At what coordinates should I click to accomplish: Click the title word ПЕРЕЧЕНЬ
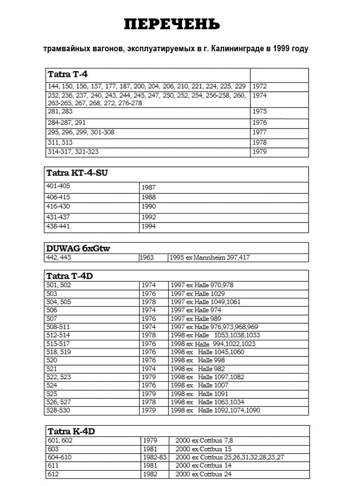point(172,24)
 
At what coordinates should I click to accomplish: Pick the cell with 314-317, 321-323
point(73,152)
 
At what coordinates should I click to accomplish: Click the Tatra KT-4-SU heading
point(77,173)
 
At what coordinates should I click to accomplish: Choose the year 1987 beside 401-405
point(148,187)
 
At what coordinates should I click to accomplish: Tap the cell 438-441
point(58,227)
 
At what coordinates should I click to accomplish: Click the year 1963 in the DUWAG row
point(147,258)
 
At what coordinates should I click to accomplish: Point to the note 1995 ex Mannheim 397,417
point(210,258)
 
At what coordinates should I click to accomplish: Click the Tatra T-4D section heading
point(70,276)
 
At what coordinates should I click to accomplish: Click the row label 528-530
point(58,410)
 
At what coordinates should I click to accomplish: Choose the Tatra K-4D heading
point(71,432)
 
